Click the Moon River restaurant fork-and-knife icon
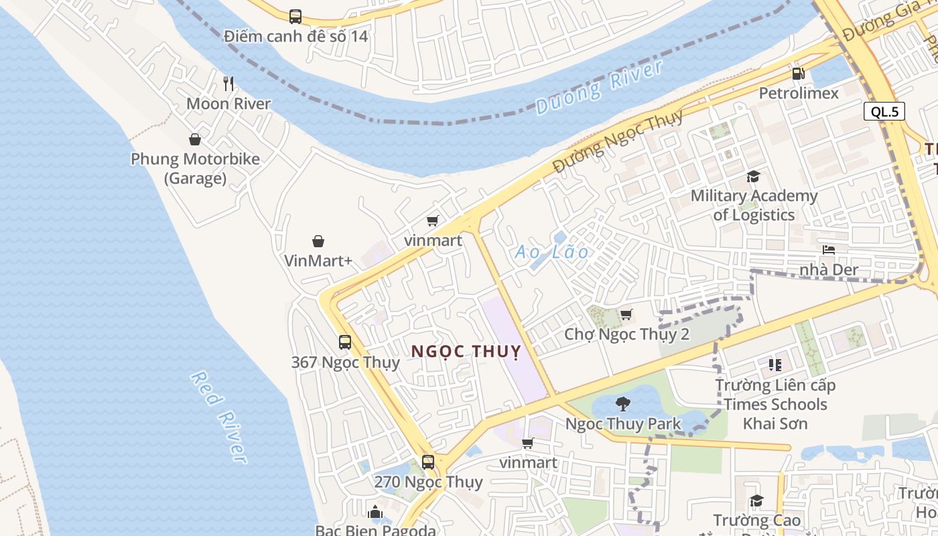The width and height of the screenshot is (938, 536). pos(228,84)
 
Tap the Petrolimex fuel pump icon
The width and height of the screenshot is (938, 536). pos(798,74)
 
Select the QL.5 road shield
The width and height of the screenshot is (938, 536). pos(885,111)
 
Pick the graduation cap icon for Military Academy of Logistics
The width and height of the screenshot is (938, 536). pos(754,177)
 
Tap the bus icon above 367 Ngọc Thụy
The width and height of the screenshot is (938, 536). pos(345,342)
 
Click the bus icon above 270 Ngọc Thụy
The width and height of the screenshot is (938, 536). pos(427,462)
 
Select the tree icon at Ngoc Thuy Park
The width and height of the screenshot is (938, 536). pos(623,404)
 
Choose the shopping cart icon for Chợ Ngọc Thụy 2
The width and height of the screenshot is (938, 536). pos(626,314)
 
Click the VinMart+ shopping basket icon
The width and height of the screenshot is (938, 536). pos(318,241)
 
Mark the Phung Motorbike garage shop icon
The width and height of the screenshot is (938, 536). pos(195,139)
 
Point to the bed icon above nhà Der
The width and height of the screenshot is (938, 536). pos(829,251)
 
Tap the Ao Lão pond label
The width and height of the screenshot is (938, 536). pos(551,253)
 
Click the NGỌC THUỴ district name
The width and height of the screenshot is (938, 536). pos(466,351)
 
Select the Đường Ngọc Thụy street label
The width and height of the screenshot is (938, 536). pos(618,141)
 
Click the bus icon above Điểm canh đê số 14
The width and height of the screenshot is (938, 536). pos(295,16)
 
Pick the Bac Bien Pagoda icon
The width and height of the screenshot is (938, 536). pos(375,512)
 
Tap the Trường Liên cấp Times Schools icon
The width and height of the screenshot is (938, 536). pos(775,365)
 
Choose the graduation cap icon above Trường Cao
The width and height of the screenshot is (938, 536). pos(756,500)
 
